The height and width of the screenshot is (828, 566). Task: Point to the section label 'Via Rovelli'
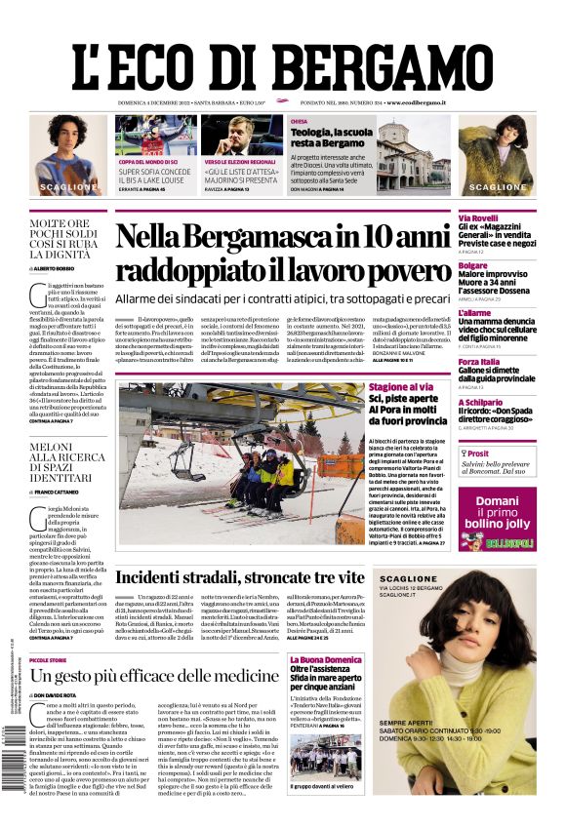point(478,217)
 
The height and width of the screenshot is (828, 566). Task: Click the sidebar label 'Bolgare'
point(473,265)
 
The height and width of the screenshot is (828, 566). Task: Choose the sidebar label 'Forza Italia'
point(479,362)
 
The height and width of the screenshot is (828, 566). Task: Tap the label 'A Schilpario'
point(481,403)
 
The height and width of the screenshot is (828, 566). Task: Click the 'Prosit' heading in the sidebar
point(477,453)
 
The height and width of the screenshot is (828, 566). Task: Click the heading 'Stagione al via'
point(401,387)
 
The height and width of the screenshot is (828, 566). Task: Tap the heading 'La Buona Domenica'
point(326,660)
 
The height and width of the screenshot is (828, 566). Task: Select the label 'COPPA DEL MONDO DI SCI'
point(148,162)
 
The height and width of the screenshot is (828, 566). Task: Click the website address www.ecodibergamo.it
point(416,102)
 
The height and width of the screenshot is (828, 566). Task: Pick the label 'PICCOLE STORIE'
point(49,660)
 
